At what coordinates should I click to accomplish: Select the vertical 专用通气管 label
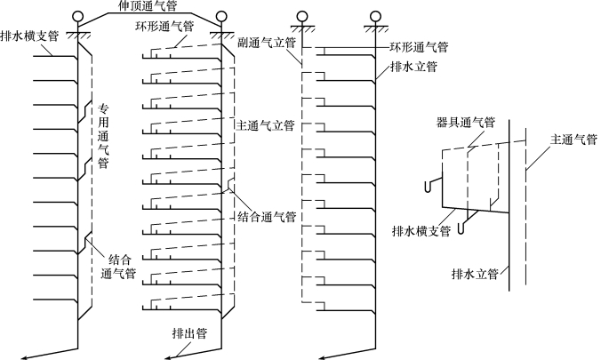tap(103, 137)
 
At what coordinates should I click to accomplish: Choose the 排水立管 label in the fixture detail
tap(474, 273)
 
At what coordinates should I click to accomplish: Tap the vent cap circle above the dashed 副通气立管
tap(302, 17)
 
